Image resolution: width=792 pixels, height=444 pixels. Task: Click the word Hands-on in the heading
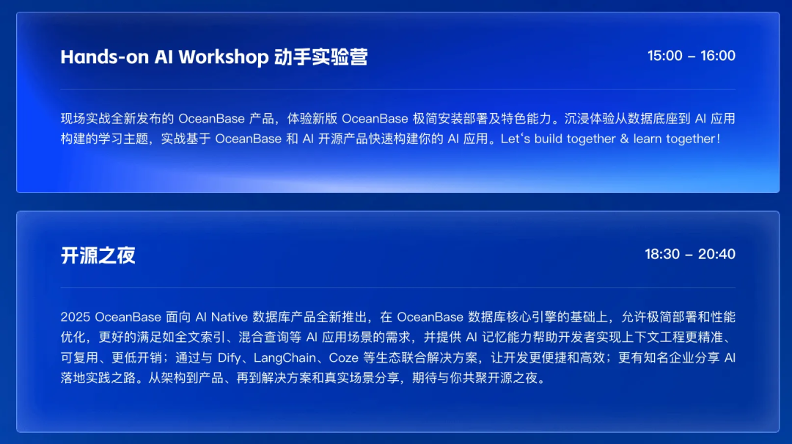(105, 57)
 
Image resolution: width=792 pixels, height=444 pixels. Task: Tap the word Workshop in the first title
(223, 57)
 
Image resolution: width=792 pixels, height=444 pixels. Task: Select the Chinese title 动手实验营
(320, 57)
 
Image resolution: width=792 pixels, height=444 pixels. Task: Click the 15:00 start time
(664, 56)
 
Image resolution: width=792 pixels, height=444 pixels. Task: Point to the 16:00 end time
(718, 56)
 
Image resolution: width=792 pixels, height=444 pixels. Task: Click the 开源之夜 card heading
(98, 255)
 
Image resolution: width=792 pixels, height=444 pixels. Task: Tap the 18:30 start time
(662, 254)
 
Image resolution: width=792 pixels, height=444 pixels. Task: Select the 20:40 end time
(716, 254)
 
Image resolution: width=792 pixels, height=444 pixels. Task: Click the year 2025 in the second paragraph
(76, 317)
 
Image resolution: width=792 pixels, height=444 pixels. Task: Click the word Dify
(229, 358)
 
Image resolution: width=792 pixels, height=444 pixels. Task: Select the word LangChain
(285, 358)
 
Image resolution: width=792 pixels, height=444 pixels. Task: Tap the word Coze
(343, 358)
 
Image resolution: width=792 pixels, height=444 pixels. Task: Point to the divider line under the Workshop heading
(398, 89)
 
